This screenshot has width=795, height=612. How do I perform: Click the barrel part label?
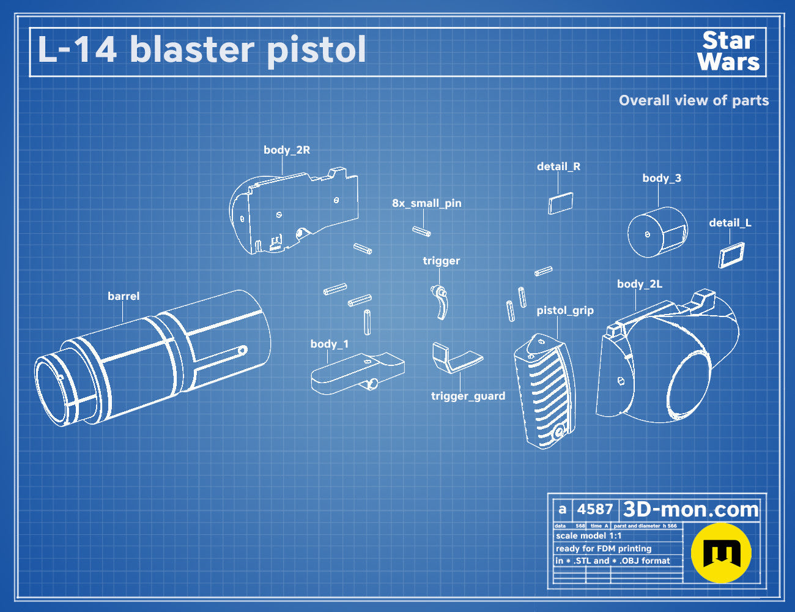pyautogui.click(x=124, y=296)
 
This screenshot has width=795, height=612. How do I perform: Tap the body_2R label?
pyautogui.click(x=287, y=150)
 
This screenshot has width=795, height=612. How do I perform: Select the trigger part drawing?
pyautogui.click(x=440, y=302)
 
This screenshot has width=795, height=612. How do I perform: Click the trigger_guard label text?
pyautogui.click(x=468, y=396)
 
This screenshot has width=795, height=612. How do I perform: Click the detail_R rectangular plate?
pyautogui.click(x=561, y=203)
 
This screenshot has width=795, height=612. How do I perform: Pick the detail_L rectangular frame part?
pyautogui.click(x=731, y=255)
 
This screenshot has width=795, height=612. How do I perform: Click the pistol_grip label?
pyautogui.click(x=565, y=311)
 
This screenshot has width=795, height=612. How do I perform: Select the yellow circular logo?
pyautogui.click(x=721, y=553)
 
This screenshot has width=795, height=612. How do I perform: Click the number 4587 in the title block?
pyautogui.click(x=595, y=509)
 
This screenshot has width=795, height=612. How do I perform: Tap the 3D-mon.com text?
pyautogui.click(x=690, y=509)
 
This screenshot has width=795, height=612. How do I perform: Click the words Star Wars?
pyautogui.click(x=728, y=51)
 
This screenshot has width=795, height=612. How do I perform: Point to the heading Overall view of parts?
pyautogui.click(x=693, y=100)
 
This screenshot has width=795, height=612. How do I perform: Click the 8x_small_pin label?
pyautogui.click(x=427, y=203)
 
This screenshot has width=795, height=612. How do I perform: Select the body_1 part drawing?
pyautogui.click(x=358, y=373)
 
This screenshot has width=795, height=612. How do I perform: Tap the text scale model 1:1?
pyautogui.click(x=589, y=536)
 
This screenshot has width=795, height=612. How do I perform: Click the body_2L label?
pyautogui.click(x=640, y=284)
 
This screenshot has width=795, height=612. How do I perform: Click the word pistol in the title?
pyautogui.click(x=316, y=51)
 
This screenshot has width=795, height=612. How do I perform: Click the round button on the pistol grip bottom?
pyautogui.click(x=559, y=433)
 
